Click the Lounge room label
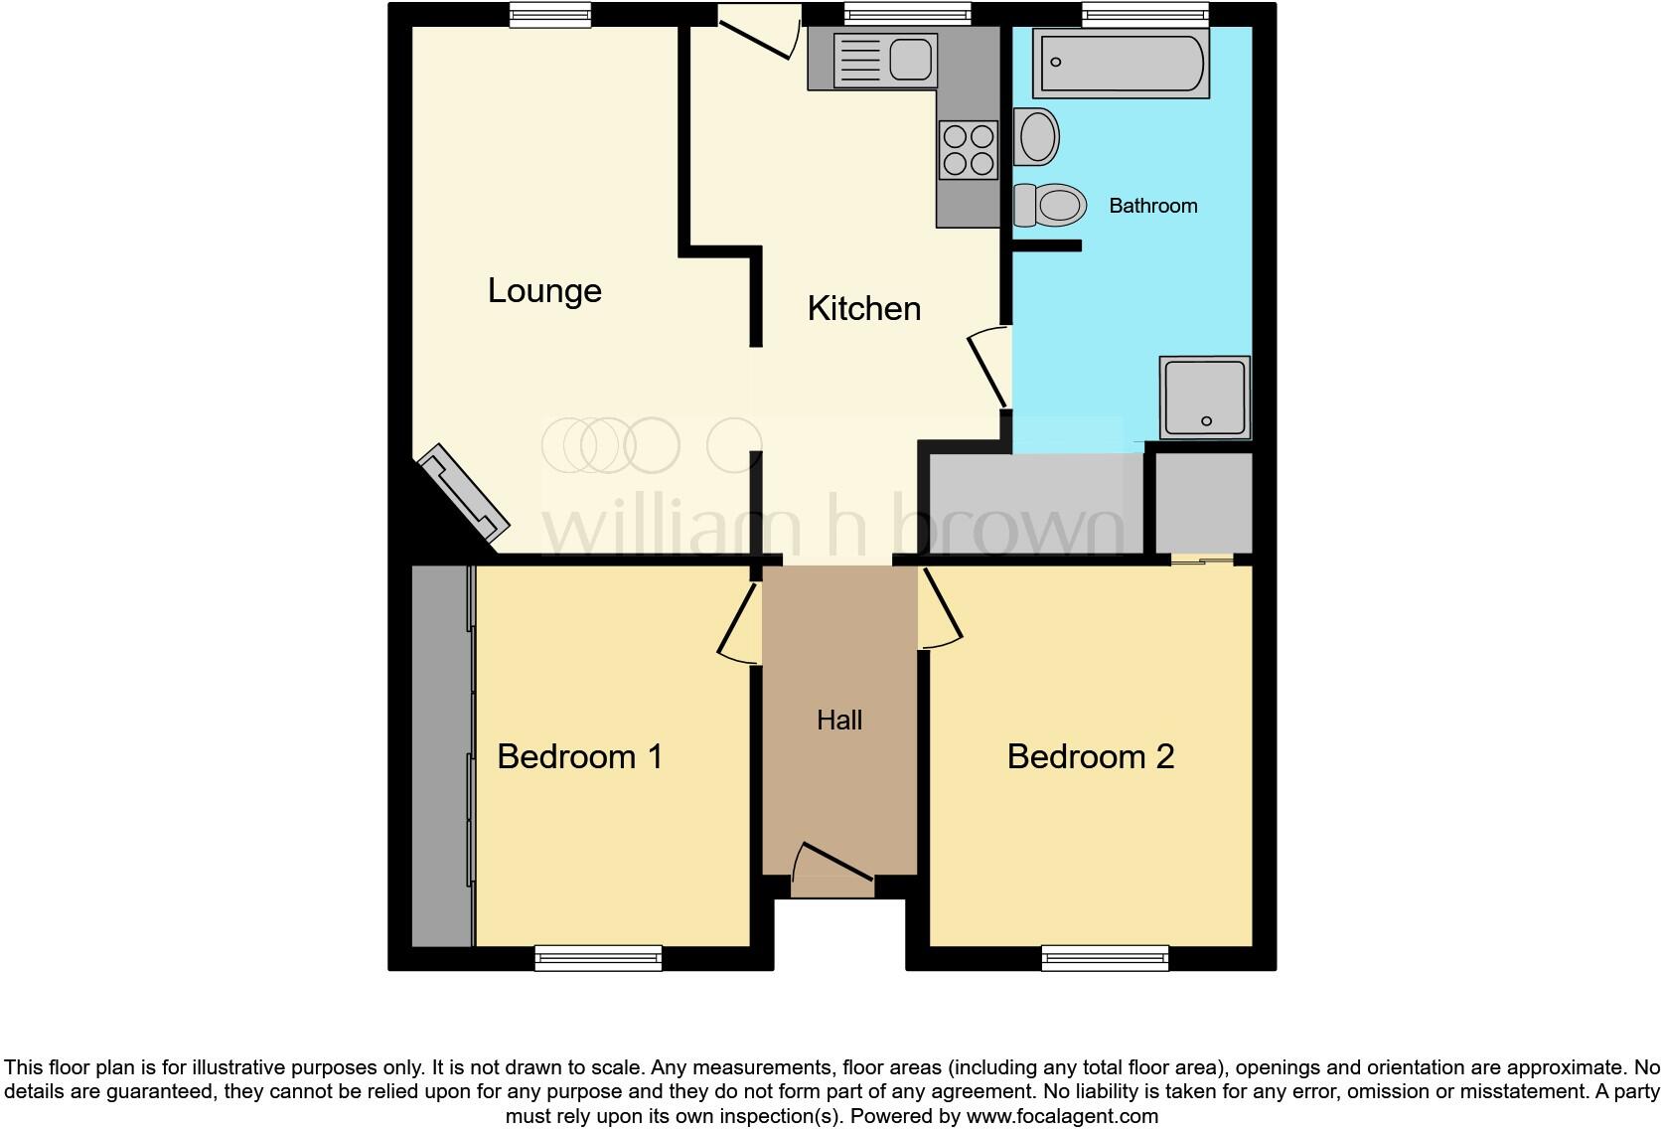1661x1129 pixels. pyautogui.click(x=544, y=291)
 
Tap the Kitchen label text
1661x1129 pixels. pyautogui.click(x=863, y=308)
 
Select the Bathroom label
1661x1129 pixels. pyautogui.click(x=1152, y=206)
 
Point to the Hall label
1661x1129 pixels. pyautogui.click(x=839, y=721)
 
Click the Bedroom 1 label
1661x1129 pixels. pyautogui.click(x=579, y=756)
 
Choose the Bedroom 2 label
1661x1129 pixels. pyautogui.click(x=1090, y=756)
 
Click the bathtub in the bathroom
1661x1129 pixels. pyautogui.click(x=1121, y=64)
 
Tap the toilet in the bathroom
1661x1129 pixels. pyautogui.click(x=1050, y=206)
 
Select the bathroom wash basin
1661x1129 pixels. pyautogui.click(x=1037, y=136)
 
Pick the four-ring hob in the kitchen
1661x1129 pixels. pyautogui.click(x=969, y=150)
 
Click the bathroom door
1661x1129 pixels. pyautogui.click(x=987, y=369)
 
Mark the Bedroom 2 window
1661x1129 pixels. pyautogui.click(x=1105, y=958)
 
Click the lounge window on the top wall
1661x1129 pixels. pyautogui.click(x=550, y=14)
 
